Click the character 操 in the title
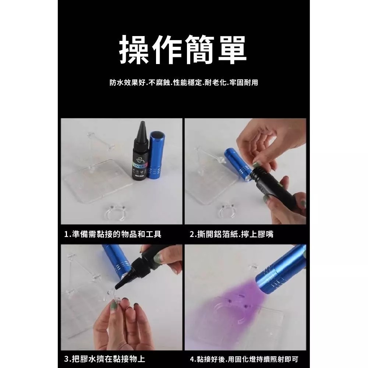135,50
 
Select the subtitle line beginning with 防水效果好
184,82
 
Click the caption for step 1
113,234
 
